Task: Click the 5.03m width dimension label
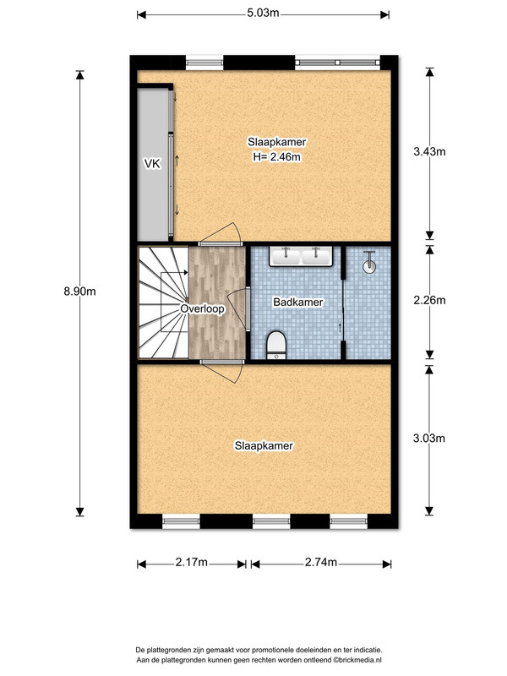[x=263, y=14]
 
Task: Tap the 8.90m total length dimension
[x=79, y=292]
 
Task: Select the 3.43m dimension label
[x=429, y=151]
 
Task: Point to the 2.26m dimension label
[x=429, y=300]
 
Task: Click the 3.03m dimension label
[x=429, y=438]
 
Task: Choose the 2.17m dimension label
[x=192, y=562]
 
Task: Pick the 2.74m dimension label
[x=321, y=562]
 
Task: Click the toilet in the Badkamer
[x=276, y=345]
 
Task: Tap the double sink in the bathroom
[x=301, y=256]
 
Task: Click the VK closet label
[x=152, y=163]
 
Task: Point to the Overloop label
[x=202, y=308]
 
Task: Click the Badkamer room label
[x=298, y=302]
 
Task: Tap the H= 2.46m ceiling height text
[x=277, y=157]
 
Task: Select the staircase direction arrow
[x=175, y=272]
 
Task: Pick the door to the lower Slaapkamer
[x=222, y=371]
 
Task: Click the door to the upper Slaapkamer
[x=221, y=235]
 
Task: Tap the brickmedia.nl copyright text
[x=357, y=660]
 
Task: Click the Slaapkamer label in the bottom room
[x=264, y=446]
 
